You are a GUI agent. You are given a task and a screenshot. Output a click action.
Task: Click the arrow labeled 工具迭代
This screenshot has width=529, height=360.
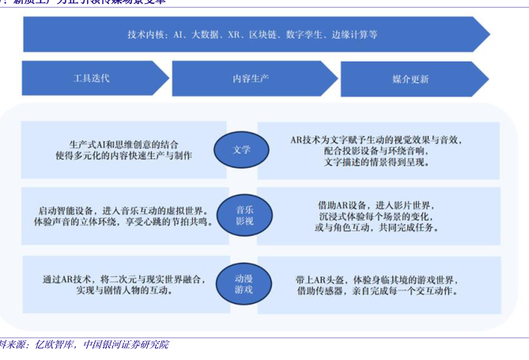(92, 78)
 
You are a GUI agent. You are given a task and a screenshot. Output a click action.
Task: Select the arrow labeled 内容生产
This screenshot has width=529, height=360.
(250, 78)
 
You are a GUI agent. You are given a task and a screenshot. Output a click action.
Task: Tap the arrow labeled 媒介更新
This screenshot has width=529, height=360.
(410, 78)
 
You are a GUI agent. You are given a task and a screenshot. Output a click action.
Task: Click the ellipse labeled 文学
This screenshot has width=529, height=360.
(242, 149)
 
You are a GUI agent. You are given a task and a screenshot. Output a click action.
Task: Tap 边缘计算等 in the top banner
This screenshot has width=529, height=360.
(353, 35)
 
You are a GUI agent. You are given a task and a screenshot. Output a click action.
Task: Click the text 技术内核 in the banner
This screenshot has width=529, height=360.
(145, 35)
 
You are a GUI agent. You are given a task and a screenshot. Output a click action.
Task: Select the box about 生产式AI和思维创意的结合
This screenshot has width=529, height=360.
(123, 150)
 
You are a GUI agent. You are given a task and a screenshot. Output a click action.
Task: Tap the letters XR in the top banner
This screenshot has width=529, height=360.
(233, 35)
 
